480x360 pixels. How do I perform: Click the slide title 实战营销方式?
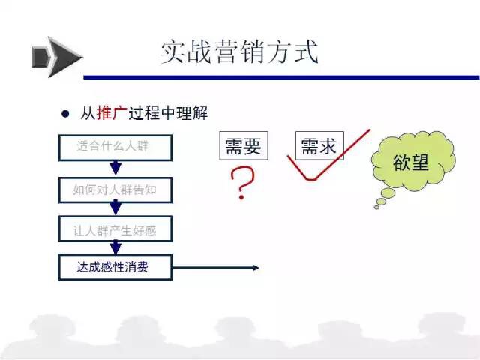pyautogui.click(x=240, y=52)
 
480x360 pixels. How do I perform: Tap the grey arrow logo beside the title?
pyautogui.click(x=57, y=57)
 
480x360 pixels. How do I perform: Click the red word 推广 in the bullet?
pyautogui.click(x=112, y=113)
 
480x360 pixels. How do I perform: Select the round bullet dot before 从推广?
pyautogui.click(x=65, y=114)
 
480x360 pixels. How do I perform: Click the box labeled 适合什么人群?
pyautogui.click(x=115, y=148)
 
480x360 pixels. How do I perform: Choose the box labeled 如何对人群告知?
pyautogui.click(x=115, y=190)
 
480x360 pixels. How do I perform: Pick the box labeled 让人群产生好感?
pyautogui.click(x=115, y=229)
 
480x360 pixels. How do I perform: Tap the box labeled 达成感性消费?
pyautogui.click(x=115, y=268)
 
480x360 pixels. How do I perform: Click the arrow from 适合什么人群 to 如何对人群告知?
pyautogui.click(x=115, y=168)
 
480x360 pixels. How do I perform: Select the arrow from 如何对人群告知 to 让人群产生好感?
pyautogui.click(x=115, y=208)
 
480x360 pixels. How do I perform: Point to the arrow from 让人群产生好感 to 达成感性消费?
pyautogui.click(x=115, y=247)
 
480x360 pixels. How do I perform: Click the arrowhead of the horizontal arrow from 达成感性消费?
pyautogui.click(x=256, y=268)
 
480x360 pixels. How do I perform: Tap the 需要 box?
pyautogui.click(x=244, y=145)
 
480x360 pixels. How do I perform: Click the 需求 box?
pyautogui.click(x=319, y=145)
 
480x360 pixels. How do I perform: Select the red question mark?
pyautogui.click(x=242, y=183)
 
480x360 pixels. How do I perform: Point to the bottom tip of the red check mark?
pyautogui.click(x=310, y=180)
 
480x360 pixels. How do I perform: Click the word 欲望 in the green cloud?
pyautogui.click(x=411, y=163)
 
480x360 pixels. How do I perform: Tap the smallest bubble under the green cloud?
pyautogui.click(x=376, y=208)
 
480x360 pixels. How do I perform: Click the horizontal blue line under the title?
pyautogui.click(x=281, y=77)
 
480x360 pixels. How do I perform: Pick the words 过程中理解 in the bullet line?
pyautogui.click(x=168, y=113)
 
